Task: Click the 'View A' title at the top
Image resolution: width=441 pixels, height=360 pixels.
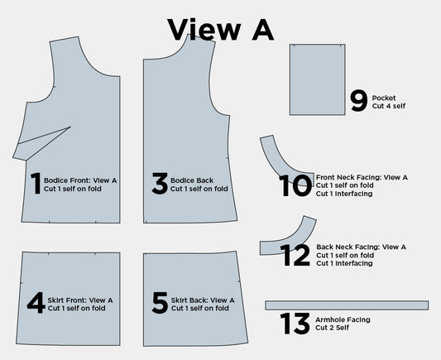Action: [x=220, y=28]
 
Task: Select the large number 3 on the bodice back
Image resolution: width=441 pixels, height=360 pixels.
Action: [x=159, y=184]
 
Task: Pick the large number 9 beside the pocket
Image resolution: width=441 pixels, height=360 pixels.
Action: [x=358, y=101]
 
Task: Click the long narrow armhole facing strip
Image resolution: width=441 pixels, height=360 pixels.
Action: [x=347, y=305]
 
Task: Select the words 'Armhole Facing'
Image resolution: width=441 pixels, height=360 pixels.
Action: [x=343, y=319]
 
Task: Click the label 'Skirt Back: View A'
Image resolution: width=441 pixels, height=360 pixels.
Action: [x=203, y=300]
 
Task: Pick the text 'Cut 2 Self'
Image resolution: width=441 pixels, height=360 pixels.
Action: [x=333, y=328]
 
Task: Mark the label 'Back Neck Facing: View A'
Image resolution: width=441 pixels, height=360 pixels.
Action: [x=362, y=247]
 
